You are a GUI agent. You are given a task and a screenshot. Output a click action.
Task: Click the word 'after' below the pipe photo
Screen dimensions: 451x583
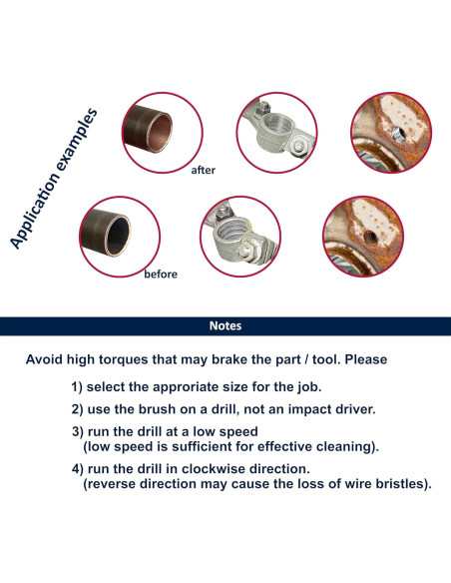[x=203, y=170]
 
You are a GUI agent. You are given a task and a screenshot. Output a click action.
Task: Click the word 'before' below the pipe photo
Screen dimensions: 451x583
[x=161, y=274]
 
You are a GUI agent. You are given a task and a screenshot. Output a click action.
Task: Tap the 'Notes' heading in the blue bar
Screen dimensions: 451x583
[x=225, y=325]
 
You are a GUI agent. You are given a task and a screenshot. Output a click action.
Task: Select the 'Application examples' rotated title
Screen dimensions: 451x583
[x=54, y=179]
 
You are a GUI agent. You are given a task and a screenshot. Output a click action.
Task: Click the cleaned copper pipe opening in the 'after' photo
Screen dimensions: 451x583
[x=160, y=133]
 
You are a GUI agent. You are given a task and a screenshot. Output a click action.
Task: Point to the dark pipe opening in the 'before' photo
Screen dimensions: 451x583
[x=119, y=237]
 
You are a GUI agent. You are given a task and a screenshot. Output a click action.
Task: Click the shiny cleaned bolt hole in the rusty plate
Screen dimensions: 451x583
[x=397, y=133]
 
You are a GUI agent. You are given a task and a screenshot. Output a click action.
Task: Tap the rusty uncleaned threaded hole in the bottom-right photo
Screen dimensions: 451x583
[x=369, y=237]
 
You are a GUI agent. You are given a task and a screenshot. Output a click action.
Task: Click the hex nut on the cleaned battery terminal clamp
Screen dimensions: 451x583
[x=298, y=146]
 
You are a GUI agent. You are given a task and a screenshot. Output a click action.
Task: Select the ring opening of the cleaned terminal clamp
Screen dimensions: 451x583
[x=276, y=128]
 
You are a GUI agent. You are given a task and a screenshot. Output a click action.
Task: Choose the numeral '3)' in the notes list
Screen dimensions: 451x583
[x=78, y=432]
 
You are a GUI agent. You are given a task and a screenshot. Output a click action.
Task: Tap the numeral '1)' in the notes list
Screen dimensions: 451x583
[x=77, y=387]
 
